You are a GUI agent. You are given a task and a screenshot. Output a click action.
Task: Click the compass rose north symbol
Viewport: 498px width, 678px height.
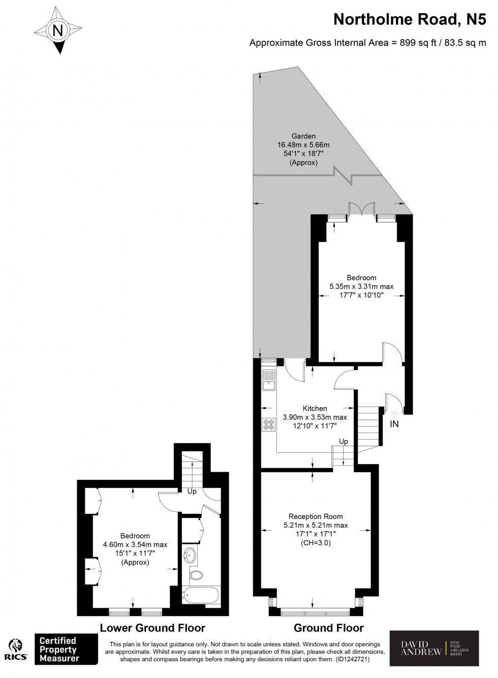click(58, 31)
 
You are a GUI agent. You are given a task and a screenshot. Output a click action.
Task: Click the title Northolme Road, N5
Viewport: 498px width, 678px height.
click(410, 20)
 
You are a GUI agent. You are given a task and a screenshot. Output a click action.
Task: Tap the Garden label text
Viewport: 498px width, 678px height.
click(303, 136)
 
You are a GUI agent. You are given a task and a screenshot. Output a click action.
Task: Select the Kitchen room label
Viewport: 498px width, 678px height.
click(315, 408)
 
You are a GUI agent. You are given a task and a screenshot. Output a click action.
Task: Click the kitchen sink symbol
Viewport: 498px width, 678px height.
click(269, 379)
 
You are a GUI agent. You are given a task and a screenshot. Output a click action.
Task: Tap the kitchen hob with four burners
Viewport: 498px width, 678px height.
click(268, 424)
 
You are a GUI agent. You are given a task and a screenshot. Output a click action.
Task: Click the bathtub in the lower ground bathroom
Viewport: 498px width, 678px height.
click(201, 595)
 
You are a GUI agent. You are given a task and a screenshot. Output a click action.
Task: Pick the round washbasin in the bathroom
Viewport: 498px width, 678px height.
click(191, 555)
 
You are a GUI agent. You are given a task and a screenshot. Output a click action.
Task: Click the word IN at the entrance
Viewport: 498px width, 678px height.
click(394, 424)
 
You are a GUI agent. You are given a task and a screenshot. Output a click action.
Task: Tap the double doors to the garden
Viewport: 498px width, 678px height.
click(362, 210)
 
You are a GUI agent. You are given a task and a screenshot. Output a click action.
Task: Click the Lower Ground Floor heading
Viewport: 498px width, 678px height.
click(152, 628)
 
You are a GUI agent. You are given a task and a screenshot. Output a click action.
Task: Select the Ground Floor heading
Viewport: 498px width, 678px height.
click(329, 628)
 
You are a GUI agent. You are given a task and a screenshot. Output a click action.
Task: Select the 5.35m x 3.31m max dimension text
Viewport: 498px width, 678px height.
click(361, 287)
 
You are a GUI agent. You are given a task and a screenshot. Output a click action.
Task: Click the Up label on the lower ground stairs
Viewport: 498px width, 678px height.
click(192, 491)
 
